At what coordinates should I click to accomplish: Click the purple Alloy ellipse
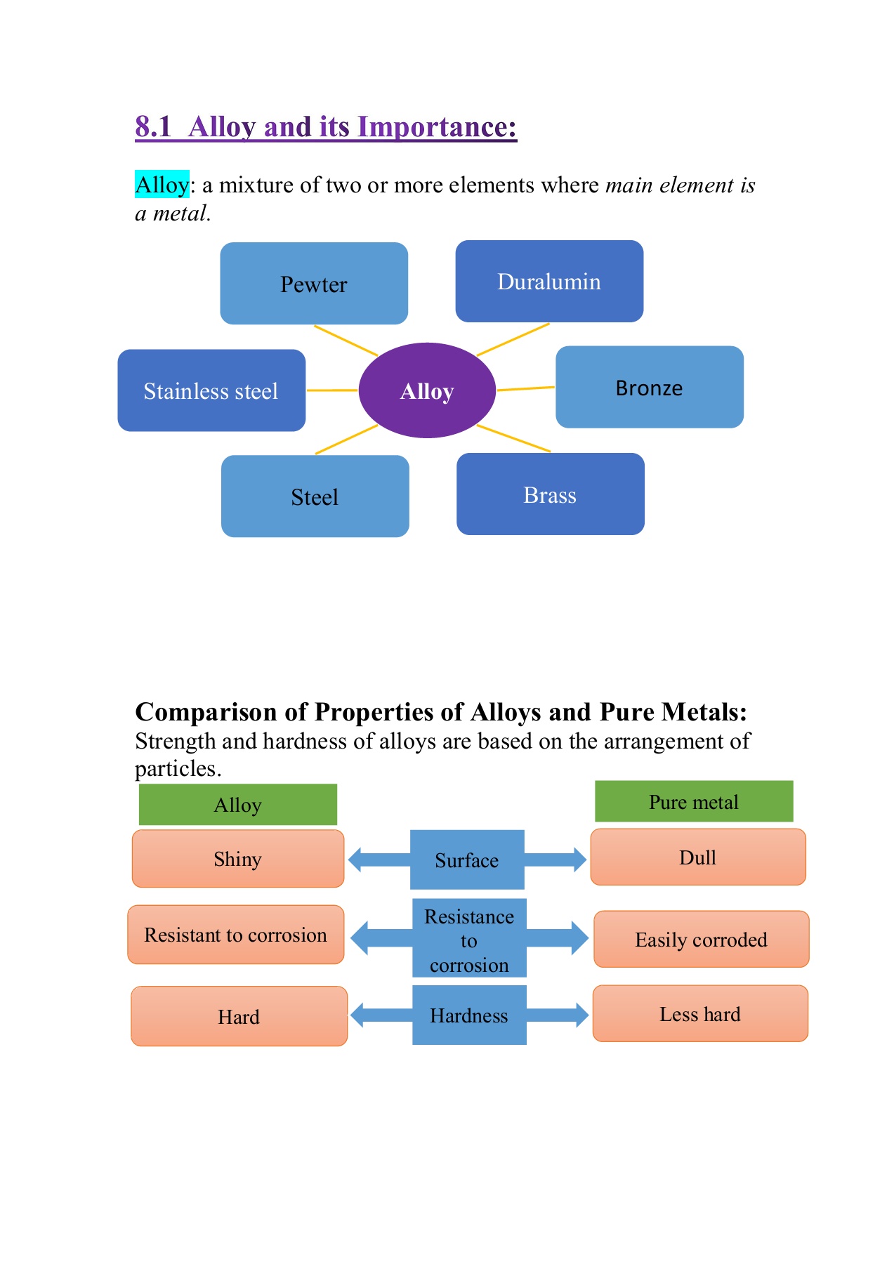pos(427,390)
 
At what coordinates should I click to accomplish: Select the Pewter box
pos(314,284)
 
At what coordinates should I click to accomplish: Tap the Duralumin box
pos(549,282)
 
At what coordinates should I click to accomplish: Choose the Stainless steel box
pos(211,390)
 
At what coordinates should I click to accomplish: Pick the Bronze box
pos(649,387)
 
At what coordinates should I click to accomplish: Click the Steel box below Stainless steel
pos(315,496)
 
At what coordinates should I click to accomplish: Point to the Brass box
pos(550,494)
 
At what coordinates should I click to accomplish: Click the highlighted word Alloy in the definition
pos(162,185)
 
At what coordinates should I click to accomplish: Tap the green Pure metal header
pos(694,801)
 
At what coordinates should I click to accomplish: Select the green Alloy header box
pos(237,805)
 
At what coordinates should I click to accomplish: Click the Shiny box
pos(238,859)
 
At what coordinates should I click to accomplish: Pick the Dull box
pos(697,857)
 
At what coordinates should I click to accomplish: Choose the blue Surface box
pos(467,860)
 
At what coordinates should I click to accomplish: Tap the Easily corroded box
pos(701,940)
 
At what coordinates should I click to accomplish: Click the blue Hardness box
pos(469,1015)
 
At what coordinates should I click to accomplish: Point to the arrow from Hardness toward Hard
pos(379,1015)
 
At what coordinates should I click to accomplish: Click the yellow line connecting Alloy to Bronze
pos(525,388)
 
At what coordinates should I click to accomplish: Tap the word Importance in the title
pos(436,127)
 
